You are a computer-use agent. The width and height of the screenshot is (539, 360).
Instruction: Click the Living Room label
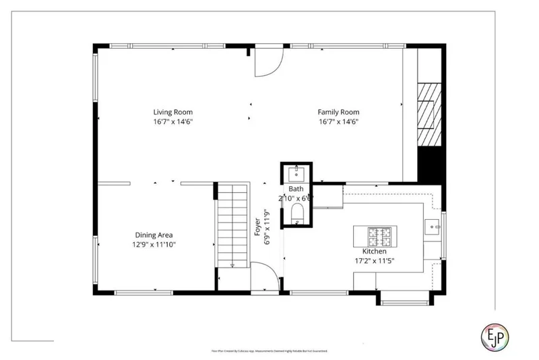coord(173,112)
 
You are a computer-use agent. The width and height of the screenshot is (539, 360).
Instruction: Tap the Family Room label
coord(338,112)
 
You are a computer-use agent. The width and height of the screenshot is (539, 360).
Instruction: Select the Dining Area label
coord(154,235)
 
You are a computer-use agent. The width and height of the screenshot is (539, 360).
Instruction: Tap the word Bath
coord(296,189)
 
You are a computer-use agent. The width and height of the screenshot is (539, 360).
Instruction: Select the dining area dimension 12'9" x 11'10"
coord(154,245)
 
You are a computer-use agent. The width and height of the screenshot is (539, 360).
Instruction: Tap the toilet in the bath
coord(297,214)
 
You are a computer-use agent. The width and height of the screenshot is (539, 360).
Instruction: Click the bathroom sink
coord(296,173)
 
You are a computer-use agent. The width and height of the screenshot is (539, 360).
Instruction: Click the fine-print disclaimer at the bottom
coord(269,351)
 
